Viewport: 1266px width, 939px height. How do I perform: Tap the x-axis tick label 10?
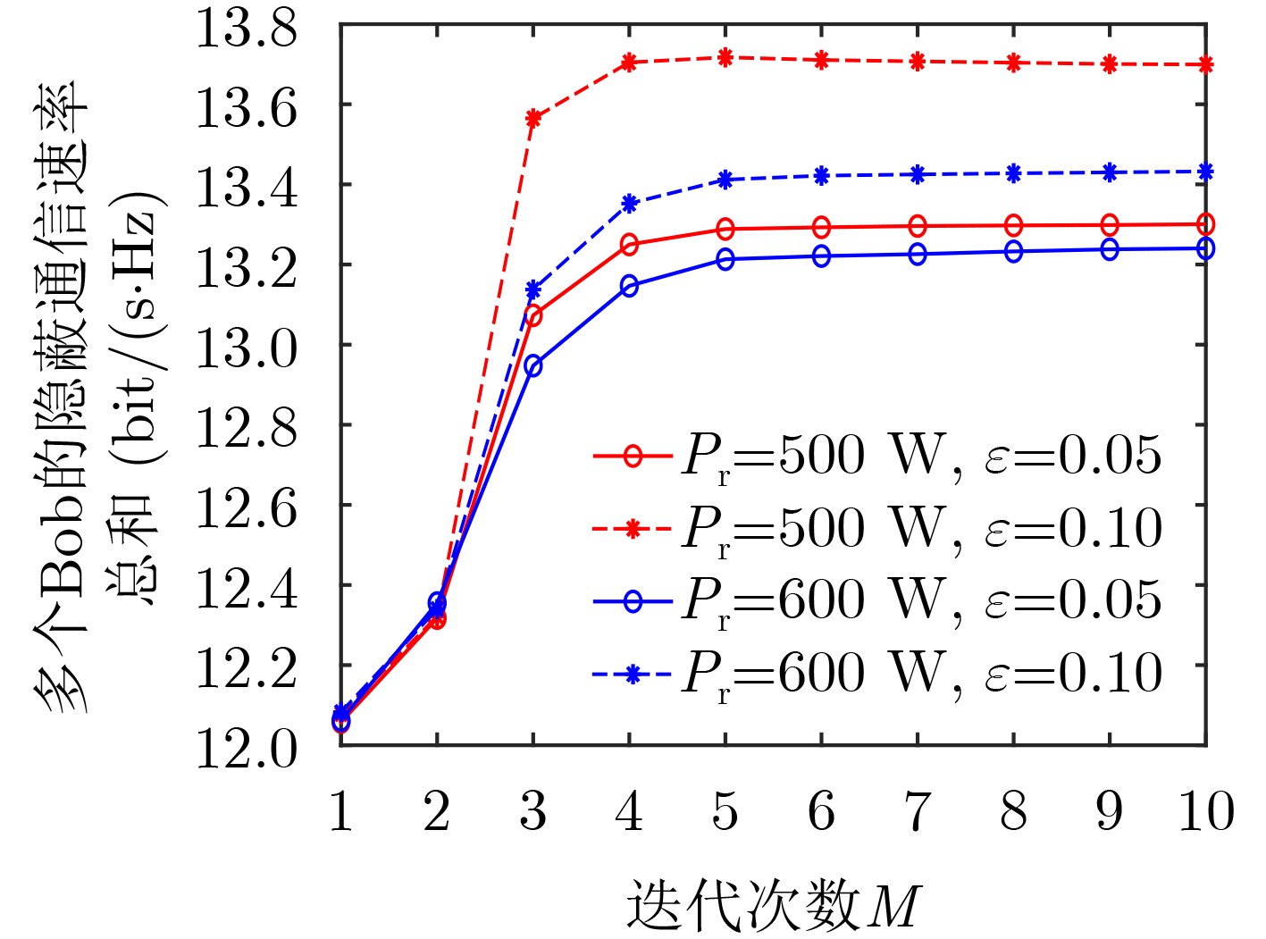(x=1206, y=812)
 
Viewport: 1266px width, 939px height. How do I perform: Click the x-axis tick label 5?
(x=725, y=812)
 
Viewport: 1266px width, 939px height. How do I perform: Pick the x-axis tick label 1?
(x=340, y=812)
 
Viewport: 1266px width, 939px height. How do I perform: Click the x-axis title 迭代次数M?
(x=772, y=905)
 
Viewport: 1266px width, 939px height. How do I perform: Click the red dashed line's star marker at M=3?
(x=533, y=118)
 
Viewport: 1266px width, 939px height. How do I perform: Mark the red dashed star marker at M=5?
(x=725, y=58)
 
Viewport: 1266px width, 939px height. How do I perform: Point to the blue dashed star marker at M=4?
(x=629, y=204)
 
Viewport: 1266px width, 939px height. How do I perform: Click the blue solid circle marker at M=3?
(x=533, y=365)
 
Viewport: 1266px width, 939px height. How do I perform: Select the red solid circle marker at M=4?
(x=629, y=244)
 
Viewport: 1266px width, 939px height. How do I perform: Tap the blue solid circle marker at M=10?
(x=1206, y=248)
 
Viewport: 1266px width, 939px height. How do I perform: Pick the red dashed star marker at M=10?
(x=1206, y=64)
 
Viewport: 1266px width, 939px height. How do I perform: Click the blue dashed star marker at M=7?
(x=918, y=174)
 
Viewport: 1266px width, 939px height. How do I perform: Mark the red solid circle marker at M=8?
(x=1013, y=225)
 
